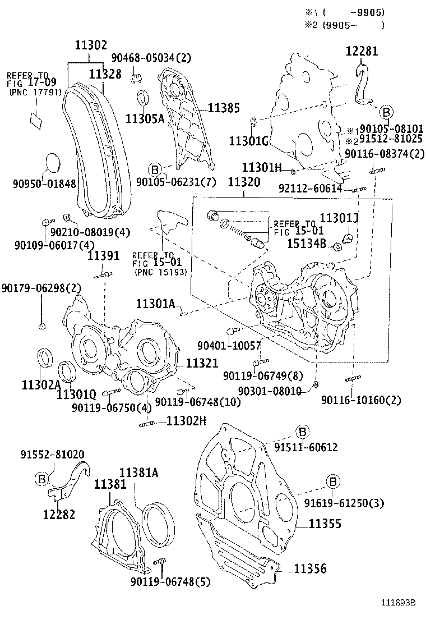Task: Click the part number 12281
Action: (362, 51)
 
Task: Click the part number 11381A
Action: (138, 472)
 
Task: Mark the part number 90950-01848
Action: (44, 183)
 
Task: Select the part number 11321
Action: (201, 363)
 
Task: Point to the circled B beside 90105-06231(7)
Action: (155, 168)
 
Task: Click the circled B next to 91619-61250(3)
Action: (332, 481)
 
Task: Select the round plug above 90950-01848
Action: (50, 163)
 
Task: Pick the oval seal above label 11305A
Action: (143, 97)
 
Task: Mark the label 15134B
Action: (307, 242)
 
